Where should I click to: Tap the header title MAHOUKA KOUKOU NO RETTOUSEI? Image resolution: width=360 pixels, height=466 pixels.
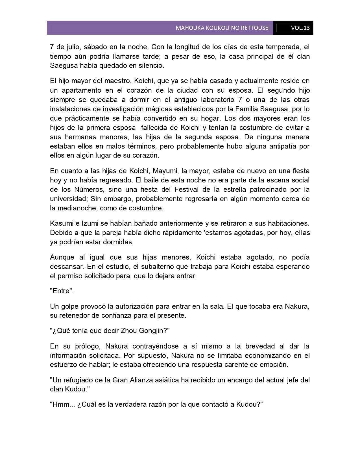point(222,28)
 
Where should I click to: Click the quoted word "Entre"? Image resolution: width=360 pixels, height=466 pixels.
point(62,291)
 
